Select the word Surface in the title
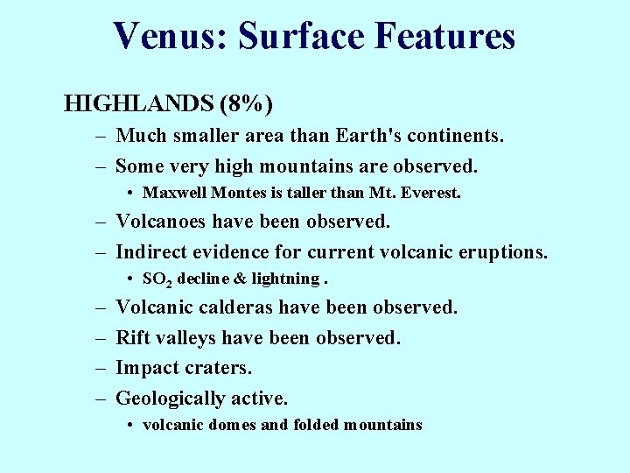(x=300, y=36)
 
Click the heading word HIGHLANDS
(x=138, y=104)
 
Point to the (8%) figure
(x=247, y=104)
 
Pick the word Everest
(x=430, y=192)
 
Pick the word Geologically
(x=170, y=399)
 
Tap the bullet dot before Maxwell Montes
(x=129, y=192)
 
